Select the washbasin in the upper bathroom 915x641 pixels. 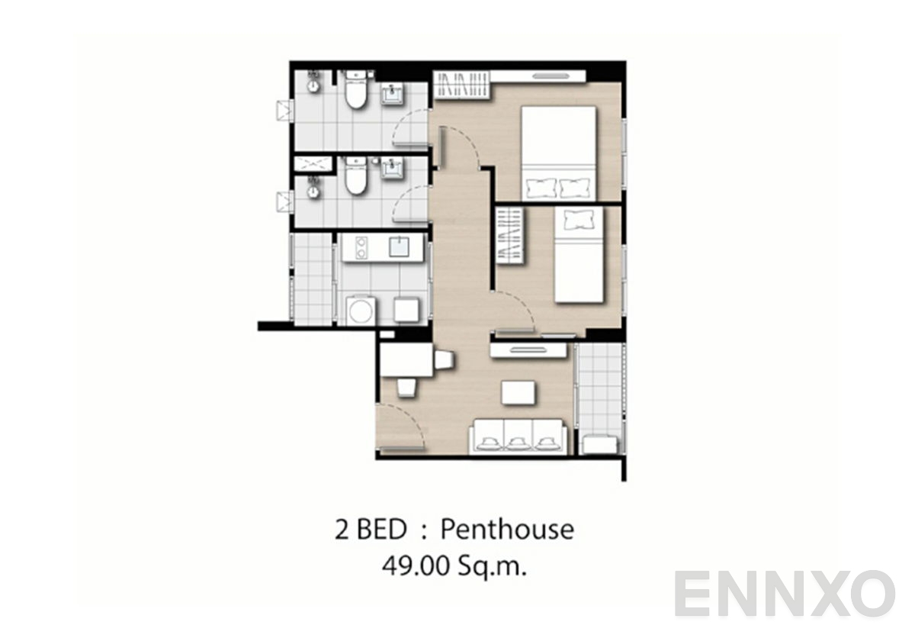(393, 93)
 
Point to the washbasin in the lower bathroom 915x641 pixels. (393, 167)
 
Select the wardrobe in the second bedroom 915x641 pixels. (511, 237)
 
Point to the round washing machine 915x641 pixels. (360, 311)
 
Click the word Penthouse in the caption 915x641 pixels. (507, 529)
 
